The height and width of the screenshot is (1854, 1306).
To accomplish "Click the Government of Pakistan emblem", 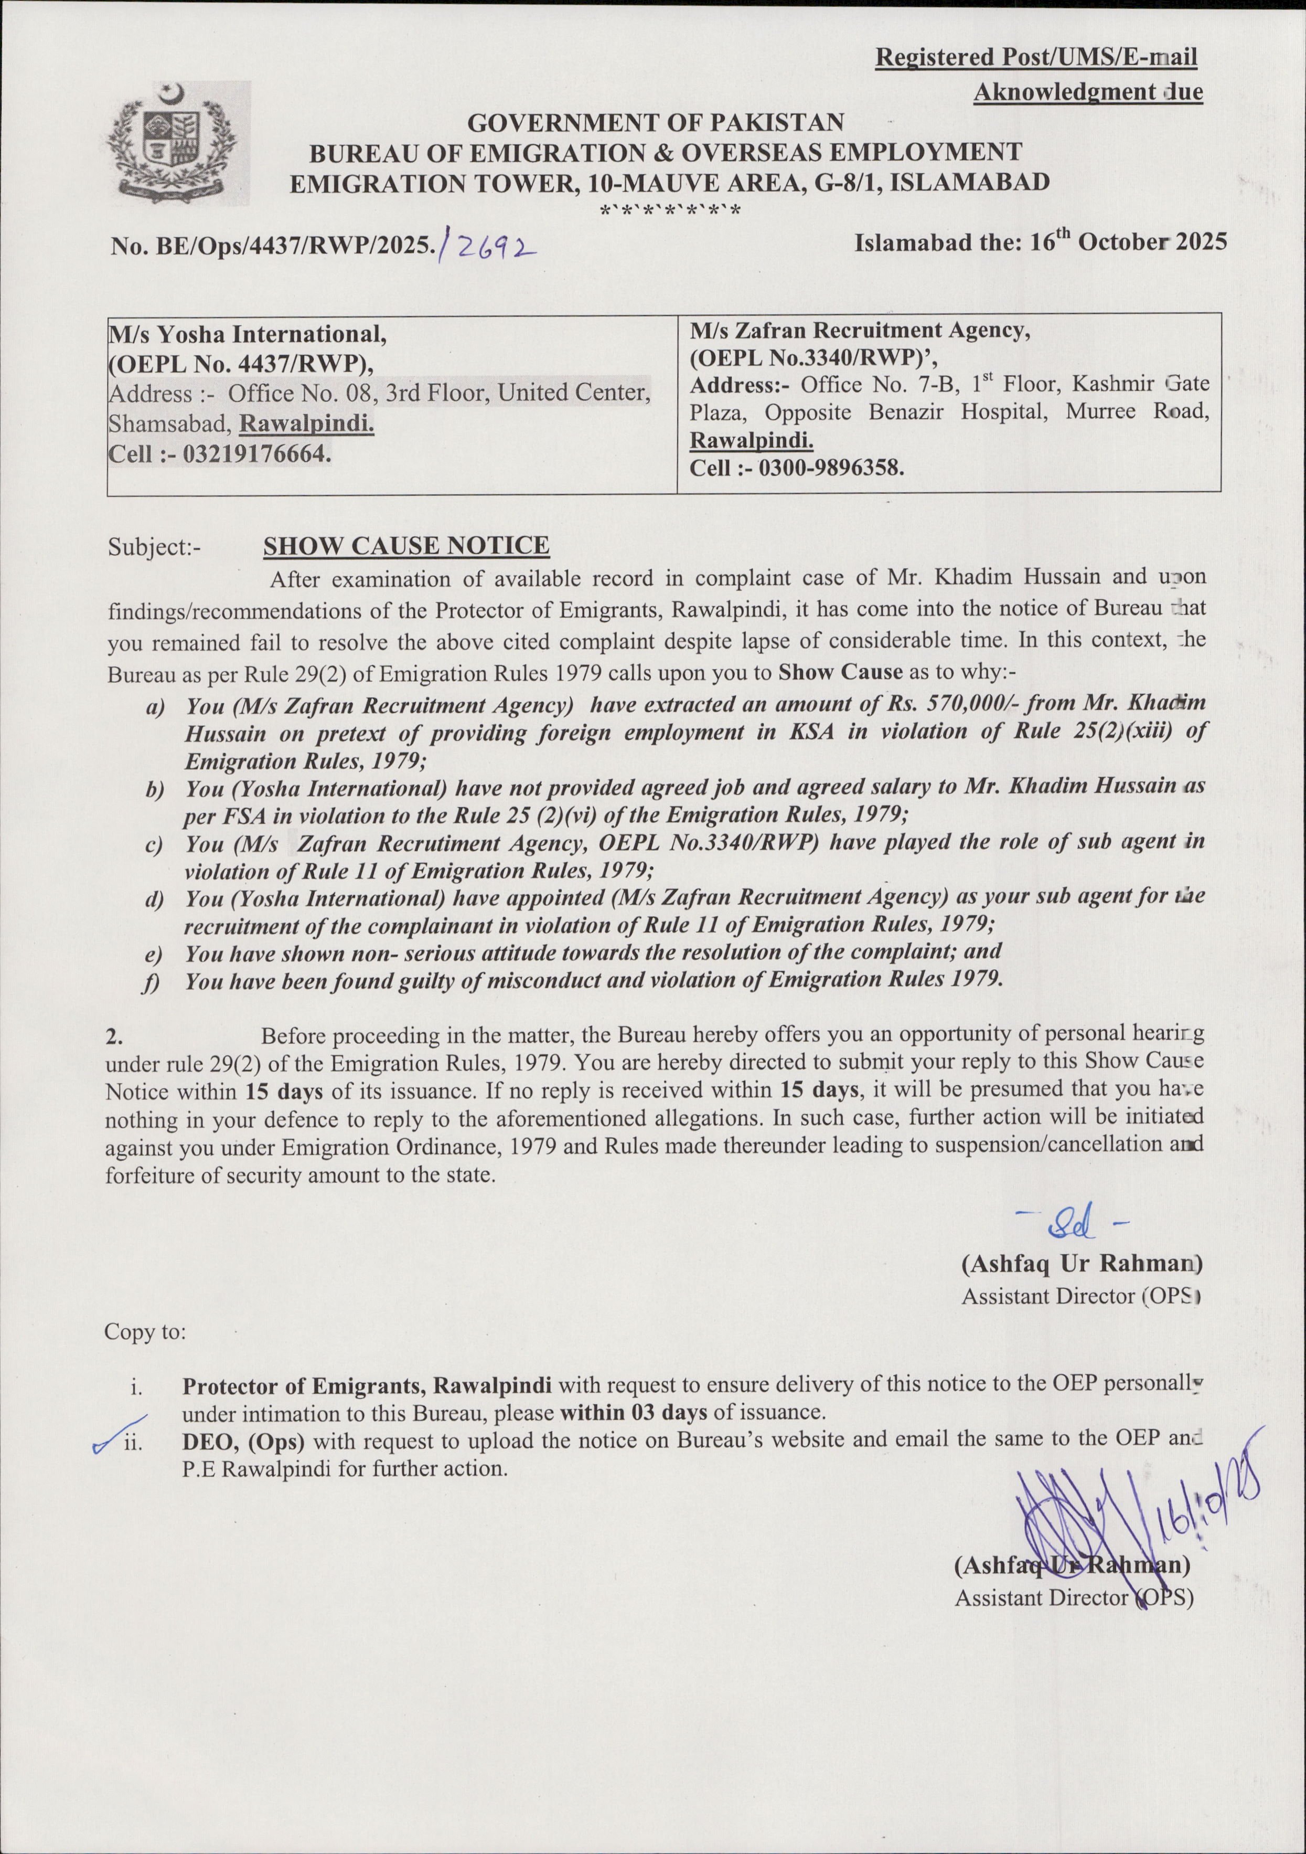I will (173, 143).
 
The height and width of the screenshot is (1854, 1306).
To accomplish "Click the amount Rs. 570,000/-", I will (955, 705).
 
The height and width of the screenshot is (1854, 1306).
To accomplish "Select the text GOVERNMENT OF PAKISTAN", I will (656, 123).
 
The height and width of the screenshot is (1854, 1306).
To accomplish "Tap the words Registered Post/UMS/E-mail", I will (1036, 57).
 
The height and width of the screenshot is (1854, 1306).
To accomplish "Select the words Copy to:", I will (145, 1331).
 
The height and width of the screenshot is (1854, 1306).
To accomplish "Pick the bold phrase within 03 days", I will (634, 1412).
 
